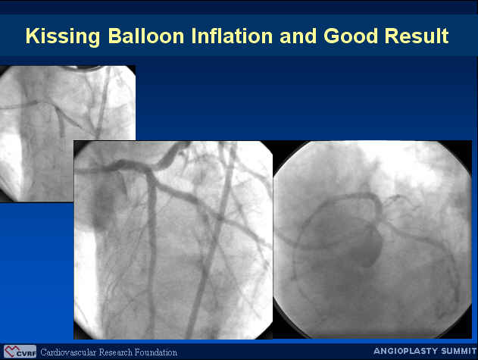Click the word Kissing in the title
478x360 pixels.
tap(63, 37)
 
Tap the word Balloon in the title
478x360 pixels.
tap(146, 36)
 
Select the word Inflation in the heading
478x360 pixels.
tap(232, 36)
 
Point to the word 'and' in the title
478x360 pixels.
tap(298, 36)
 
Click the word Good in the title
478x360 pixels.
tap(351, 36)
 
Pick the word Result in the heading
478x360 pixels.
tap(417, 36)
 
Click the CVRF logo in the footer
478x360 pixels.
tap(20, 352)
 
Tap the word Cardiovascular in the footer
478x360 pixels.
tap(68, 352)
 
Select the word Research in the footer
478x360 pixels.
tap(116, 352)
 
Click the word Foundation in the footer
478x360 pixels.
tap(156, 352)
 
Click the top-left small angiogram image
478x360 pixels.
tap(67, 133)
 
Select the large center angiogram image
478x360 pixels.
tap(173, 239)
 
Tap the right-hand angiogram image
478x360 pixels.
tap(372, 239)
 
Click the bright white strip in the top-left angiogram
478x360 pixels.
tap(11, 164)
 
